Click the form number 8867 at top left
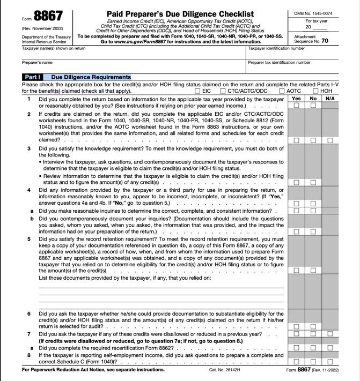pos(48,16)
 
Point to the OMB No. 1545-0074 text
pos(313,13)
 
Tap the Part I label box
pos(32,77)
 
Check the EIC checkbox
pos(197,91)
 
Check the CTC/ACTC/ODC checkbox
pos(223,91)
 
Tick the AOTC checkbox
pos(282,91)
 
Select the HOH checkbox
pos(315,91)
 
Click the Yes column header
pos(296,99)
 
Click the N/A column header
pos(330,99)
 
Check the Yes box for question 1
pos(296,106)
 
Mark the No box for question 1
pos(313,106)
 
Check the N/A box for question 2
pos(330,140)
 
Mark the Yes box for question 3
pos(296,183)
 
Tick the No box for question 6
pos(313,326)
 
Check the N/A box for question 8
pos(330,362)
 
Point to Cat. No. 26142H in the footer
pos(225,370)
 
